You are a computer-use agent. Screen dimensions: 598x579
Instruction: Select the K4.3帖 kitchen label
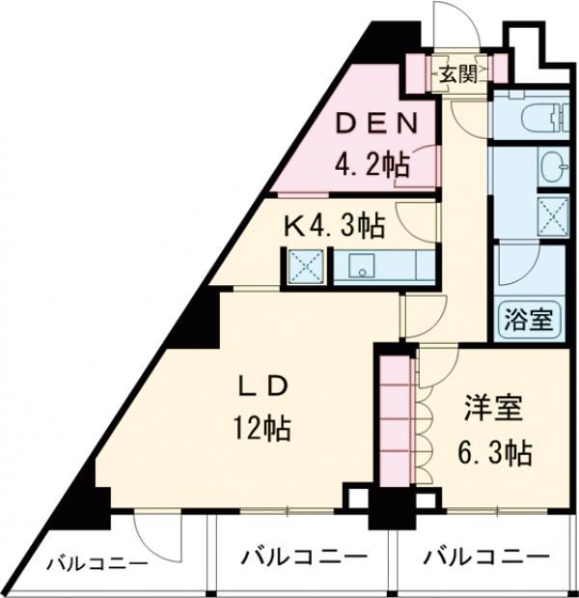tap(333, 226)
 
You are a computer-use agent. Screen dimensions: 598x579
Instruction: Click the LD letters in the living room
tap(263, 384)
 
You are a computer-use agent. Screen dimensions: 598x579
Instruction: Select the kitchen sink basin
tap(365, 267)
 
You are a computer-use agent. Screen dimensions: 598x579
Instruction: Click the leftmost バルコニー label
tap(96, 565)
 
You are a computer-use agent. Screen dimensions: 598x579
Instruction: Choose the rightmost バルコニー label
tap(485, 557)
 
